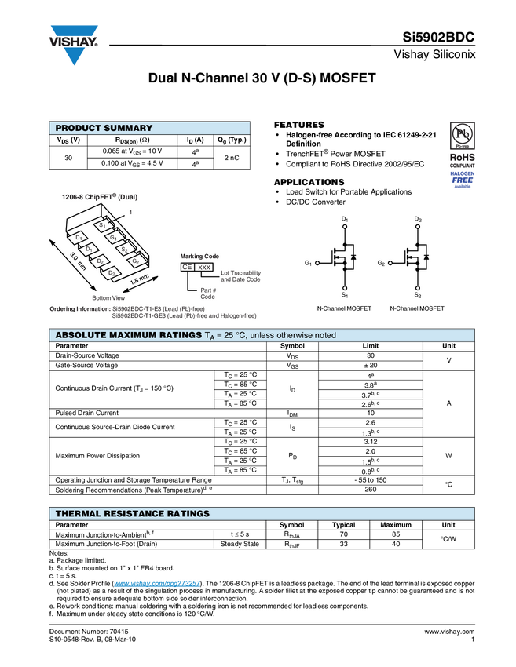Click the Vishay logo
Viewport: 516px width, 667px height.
[x=75, y=44]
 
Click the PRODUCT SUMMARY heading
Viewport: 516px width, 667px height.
[x=104, y=129]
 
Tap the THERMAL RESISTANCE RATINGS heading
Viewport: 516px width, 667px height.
[x=132, y=514]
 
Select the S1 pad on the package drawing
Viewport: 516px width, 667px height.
[x=102, y=225]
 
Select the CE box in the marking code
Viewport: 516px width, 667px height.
[x=187, y=267]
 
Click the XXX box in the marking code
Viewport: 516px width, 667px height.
[x=204, y=267]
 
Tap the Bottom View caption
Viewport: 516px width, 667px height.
[x=108, y=298]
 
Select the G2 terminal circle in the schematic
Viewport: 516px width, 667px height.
[x=390, y=262]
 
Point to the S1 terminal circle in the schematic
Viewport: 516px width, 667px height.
[x=344, y=288]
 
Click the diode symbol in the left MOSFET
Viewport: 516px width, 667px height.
[x=354, y=257]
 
